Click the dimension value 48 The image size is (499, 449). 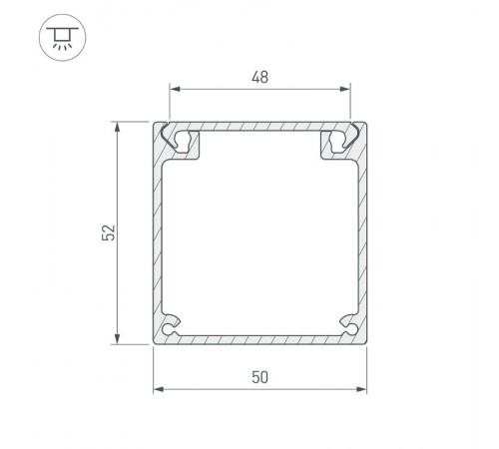coord(259,74)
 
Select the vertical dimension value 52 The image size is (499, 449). coord(109,232)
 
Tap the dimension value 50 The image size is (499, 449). coord(259,376)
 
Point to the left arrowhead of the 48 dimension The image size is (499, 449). coord(173,89)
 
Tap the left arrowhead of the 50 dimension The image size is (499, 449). coord(157,390)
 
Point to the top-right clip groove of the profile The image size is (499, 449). coord(336,141)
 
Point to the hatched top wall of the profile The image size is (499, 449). coord(259,128)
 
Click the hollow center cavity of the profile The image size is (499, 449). coord(259,239)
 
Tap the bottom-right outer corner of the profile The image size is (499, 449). coord(365,343)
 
